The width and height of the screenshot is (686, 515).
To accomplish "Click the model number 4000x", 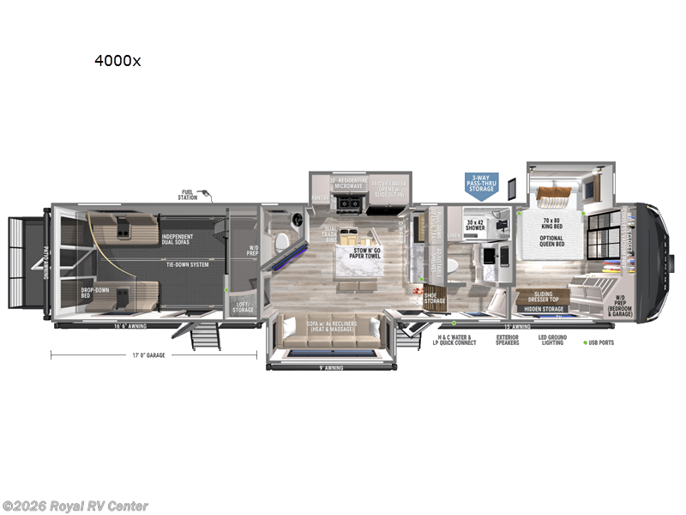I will (119, 63).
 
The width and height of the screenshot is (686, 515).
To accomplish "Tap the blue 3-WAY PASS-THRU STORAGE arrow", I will (481, 185).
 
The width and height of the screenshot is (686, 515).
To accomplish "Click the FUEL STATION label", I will (188, 194).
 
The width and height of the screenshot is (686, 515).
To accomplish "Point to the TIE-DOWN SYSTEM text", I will (188, 264).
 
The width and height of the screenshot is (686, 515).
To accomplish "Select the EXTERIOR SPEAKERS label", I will (507, 340).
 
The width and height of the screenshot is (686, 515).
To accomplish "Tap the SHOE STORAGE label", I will (435, 298).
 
